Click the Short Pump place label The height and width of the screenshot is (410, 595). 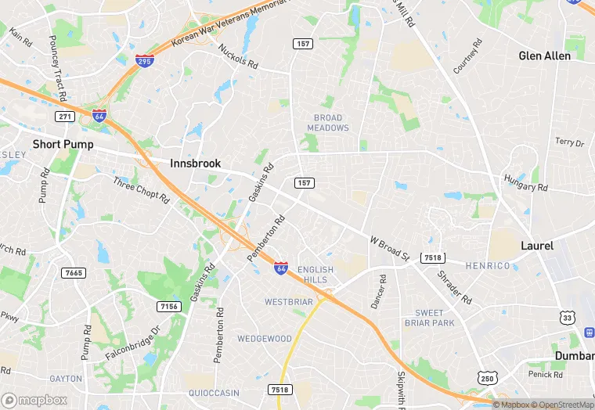pyautogui.click(x=63, y=145)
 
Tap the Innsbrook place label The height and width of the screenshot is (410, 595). pyautogui.click(x=196, y=164)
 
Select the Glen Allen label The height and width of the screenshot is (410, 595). pyautogui.click(x=546, y=56)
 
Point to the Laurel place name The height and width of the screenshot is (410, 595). pyautogui.click(x=537, y=246)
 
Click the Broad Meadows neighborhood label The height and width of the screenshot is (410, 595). pyautogui.click(x=328, y=123)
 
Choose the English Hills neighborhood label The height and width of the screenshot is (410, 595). pyautogui.click(x=315, y=275)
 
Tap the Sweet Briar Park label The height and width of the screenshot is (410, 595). pyautogui.click(x=429, y=318)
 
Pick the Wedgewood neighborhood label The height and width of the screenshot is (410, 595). pyautogui.click(x=265, y=339)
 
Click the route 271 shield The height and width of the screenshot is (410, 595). pyautogui.click(x=64, y=117)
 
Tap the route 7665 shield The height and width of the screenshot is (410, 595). pyautogui.click(x=74, y=272)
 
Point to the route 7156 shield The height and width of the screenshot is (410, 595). pyautogui.click(x=168, y=306)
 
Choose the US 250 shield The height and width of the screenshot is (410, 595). pyautogui.click(x=488, y=379)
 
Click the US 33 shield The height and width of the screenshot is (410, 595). pyautogui.click(x=567, y=318)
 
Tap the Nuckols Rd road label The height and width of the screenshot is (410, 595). pyautogui.click(x=238, y=56)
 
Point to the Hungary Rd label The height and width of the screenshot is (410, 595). pyautogui.click(x=527, y=184)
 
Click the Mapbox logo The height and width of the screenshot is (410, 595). pyautogui.click(x=35, y=400)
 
